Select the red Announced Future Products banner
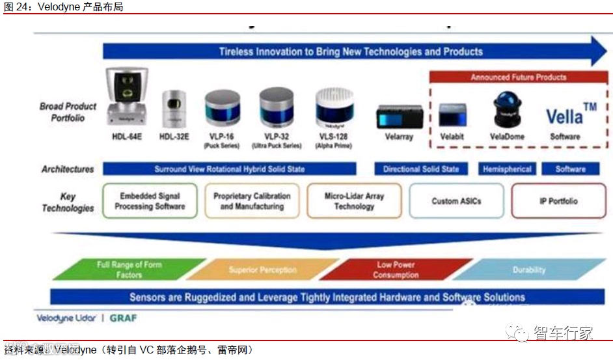point(518,77)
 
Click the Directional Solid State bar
point(421,169)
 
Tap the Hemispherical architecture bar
point(507,169)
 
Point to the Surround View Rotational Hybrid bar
point(229,169)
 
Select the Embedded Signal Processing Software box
point(150,201)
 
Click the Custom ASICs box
point(456,201)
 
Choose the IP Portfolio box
point(558,201)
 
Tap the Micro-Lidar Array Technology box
point(354,201)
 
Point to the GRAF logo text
point(122,318)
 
